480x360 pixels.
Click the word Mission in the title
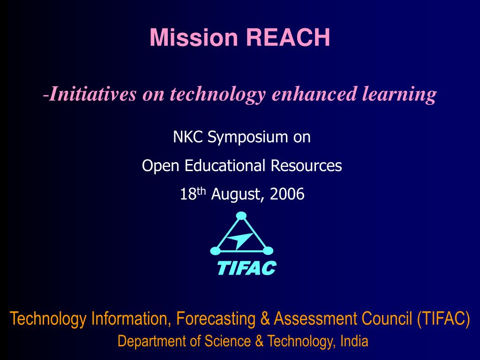pyautogui.click(x=194, y=37)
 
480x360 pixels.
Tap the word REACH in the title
pyautogui.click(x=288, y=37)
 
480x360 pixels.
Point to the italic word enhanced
pyautogui.click(x=315, y=93)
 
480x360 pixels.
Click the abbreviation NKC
pyautogui.click(x=187, y=137)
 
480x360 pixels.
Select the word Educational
pyautogui.click(x=225, y=165)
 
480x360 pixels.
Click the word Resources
pyautogui.click(x=306, y=165)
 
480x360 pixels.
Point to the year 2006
pyautogui.click(x=287, y=194)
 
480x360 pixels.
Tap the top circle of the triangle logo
pyautogui.click(x=241, y=216)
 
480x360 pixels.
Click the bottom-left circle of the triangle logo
pyautogui.click(x=215, y=251)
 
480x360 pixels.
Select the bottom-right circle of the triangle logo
pyautogui.click(x=268, y=251)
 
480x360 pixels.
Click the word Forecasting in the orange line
pyautogui.click(x=216, y=319)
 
